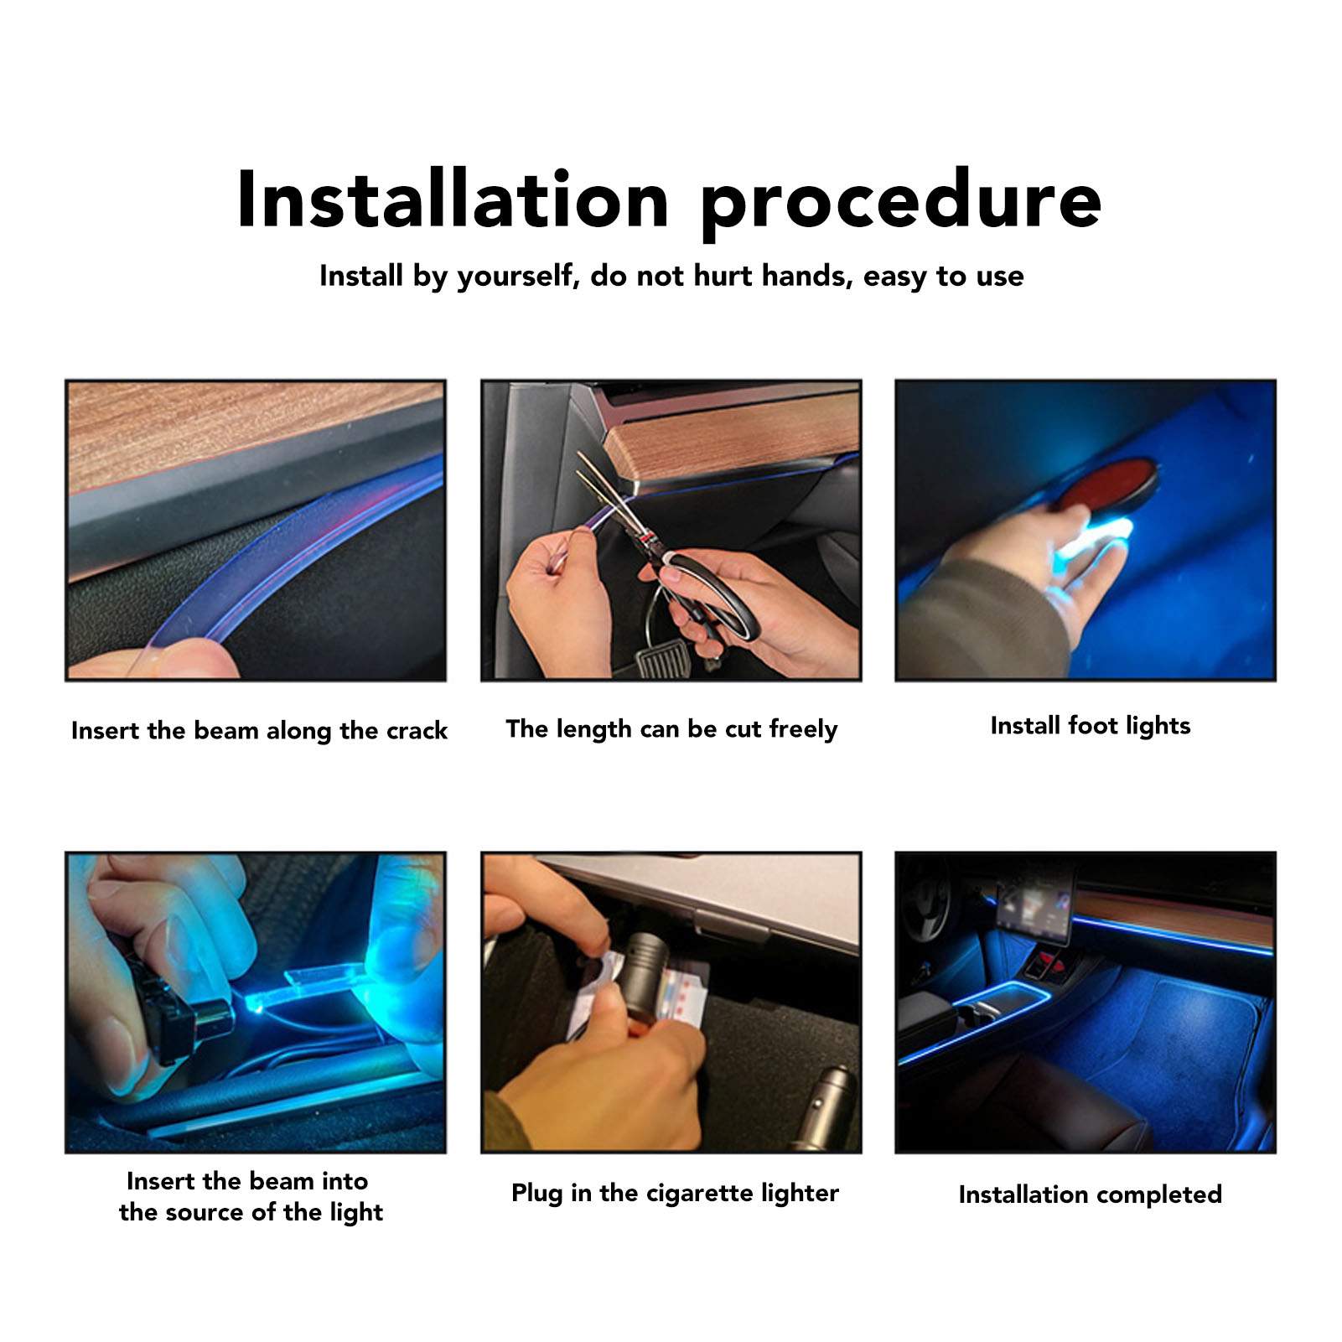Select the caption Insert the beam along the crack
tap(259, 730)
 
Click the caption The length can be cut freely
tap(671, 729)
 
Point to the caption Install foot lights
tap(1091, 726)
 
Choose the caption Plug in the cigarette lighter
tap(675, 1193)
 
